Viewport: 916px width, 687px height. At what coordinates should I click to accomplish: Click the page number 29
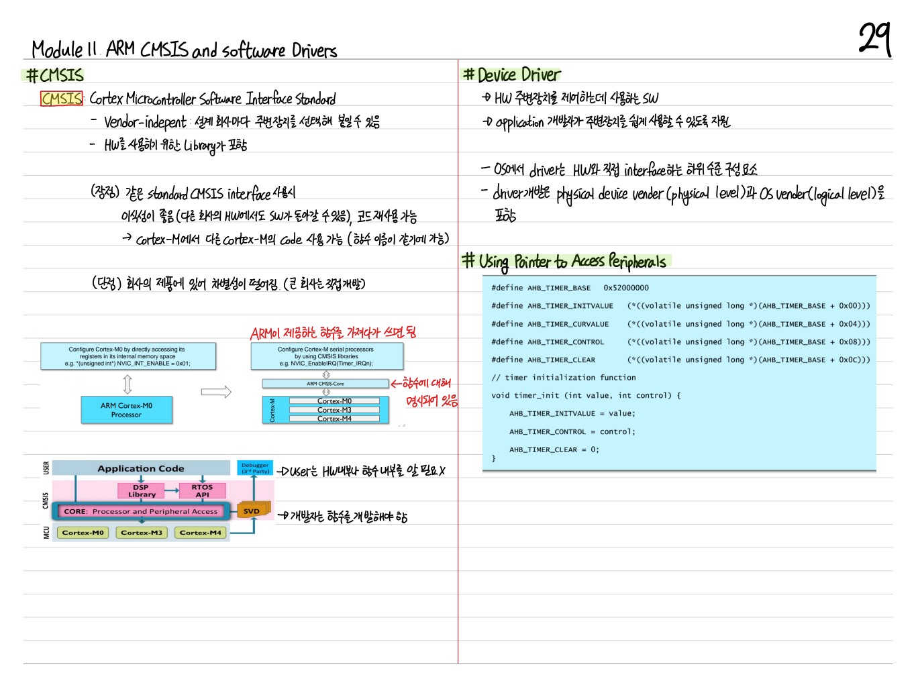pyautogui.click(x=874, y=39)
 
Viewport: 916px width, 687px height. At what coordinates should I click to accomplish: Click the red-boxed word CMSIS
pyautogui.click(x=62, y=99)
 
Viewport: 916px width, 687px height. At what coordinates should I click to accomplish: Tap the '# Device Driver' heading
pyautogui.click(x=512, y=74)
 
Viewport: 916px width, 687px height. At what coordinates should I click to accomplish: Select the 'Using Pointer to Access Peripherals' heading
pyautogui.click(x=572, y=261)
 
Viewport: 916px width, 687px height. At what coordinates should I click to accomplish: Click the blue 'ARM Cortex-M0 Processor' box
pyautogui.click(x=126, y=410)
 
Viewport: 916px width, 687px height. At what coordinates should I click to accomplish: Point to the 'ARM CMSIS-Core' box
pyautogui.click(x=325, y=384)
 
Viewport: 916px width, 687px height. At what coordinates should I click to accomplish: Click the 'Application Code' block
pyautogui.click(x=141, y=468)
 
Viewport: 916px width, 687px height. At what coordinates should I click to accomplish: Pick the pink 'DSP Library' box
pyautogui.click(x=141, y=491)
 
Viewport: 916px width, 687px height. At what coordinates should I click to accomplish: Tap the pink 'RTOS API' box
pyautogui.click(x=202, y=491)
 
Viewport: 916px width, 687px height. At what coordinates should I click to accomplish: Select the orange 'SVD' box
pyautogui.click(x=252, y=511)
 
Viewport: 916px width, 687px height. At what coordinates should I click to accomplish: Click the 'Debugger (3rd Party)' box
pyautogui.click(x=255, y=468)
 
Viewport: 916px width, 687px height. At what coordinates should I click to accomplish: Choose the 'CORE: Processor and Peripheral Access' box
pyautogui.click(x=141, y=511)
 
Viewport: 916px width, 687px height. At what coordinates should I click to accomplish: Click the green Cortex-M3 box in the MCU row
pyautogui.click(x=142, y=533)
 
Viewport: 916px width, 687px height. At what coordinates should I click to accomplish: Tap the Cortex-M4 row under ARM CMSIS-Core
pyautogui.click(x=334, y=419)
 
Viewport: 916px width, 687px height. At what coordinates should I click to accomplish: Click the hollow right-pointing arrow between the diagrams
pyautogui.click(x=216, y=392)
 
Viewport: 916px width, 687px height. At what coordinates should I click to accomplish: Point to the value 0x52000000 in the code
pyautogui.click(x=626, y=288)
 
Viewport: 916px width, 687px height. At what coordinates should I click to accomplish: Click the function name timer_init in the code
pyautogui.click(x=538, y=396)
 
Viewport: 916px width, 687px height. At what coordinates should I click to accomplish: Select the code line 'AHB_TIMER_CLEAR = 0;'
pyautogui.click(x=554, y=450)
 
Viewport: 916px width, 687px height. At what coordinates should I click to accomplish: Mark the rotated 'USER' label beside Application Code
pyautogui.click(x=46, y=468)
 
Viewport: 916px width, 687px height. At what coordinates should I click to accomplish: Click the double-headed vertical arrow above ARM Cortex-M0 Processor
pyautogui.click(x=128, y=384)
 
